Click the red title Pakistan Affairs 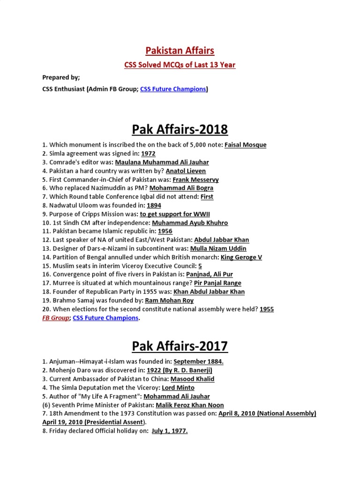pyautogui.click(x=180, y=50)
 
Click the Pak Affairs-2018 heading pyautogui.click(x=180, y=129)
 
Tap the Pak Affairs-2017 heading pyautogui.click(x=180, y=346)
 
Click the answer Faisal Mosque pyautogui.click(x=245, y=145)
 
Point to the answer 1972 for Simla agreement pyautogui.click(x=148, y=153)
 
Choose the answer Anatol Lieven pyautogui.click(x=186, y=171)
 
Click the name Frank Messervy pyautogui.click(x=195, y=180)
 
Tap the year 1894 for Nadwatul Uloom pyautogui.click(x=154, y=205)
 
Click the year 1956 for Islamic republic pyautogui.click(x=165, y=231)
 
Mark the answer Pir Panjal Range pyautogui.click(x=213, y=283)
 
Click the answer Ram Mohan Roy pyautogui.click(x=169, y=300)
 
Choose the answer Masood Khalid pyautogui.click(x=192, y=379)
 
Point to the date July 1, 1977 pyautogui.click(x=170, y=431)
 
